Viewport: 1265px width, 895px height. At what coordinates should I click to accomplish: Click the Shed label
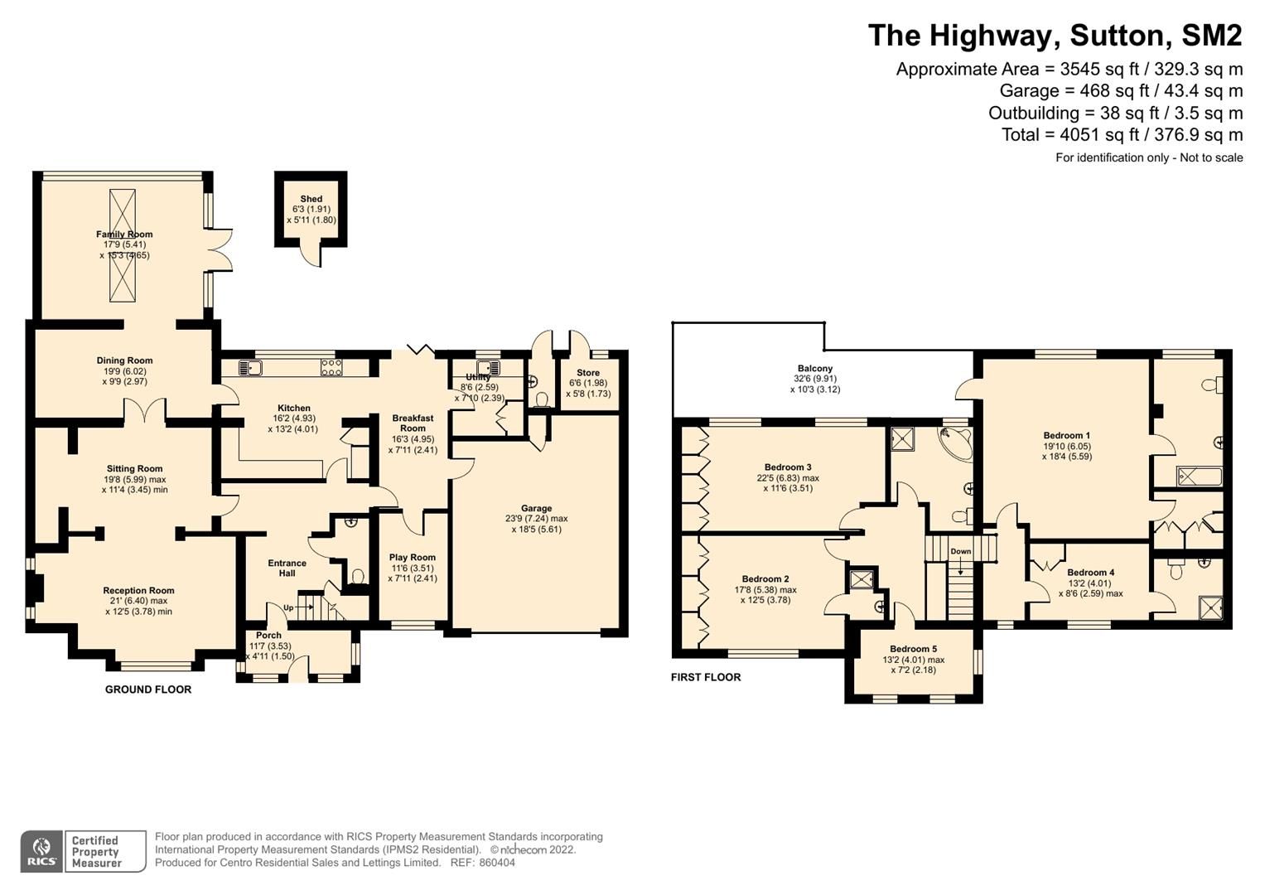coord(311,199)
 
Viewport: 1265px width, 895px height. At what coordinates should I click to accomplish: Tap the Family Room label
coord(124,235)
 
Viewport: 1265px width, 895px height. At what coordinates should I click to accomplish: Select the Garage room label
coord(536,509)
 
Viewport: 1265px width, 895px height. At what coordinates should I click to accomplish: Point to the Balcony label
coord(815,369)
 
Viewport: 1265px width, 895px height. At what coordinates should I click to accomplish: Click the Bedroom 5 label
coord(913,650)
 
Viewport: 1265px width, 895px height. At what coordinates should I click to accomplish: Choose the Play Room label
coord(413,558)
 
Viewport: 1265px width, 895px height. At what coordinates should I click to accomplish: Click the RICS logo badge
coord(41,851)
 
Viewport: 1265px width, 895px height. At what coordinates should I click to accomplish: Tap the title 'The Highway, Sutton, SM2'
coord(1055,36)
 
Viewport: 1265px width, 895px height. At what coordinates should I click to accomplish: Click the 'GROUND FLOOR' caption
coord(148,689)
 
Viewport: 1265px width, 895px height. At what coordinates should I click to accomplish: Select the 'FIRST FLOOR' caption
coord(706,677)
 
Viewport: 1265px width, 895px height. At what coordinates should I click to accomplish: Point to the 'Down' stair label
coord(960,552)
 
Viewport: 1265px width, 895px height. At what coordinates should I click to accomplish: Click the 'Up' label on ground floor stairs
coord(288,608)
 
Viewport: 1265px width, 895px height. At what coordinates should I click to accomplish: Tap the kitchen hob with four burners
coord(331,368)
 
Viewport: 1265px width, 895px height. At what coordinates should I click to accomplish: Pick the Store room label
coord(588,373)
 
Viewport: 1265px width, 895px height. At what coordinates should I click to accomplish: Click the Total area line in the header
coord(1122,135)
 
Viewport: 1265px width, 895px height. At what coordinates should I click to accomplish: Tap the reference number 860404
coord(495,863)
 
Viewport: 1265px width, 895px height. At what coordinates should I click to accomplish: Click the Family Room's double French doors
coord(220,249)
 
